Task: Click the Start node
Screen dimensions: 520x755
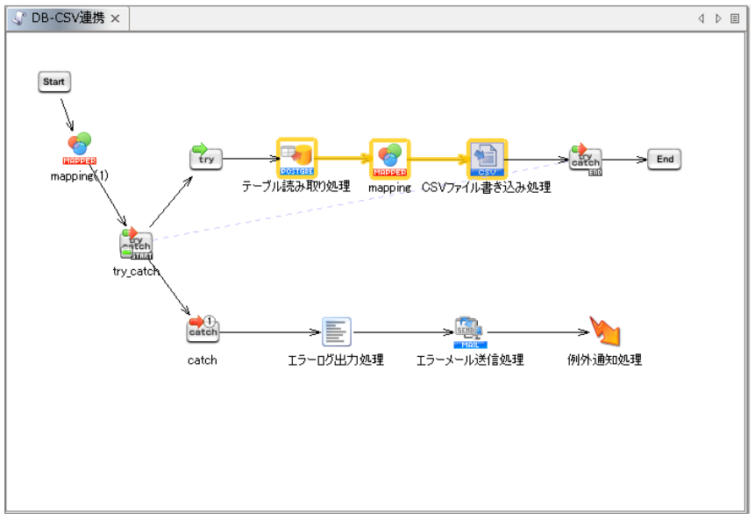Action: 53,82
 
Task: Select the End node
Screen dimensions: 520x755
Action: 664,159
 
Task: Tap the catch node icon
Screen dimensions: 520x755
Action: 203,330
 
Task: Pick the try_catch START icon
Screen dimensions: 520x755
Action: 135,245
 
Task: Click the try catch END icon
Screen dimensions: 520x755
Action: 585,159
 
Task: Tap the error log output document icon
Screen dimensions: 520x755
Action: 336,331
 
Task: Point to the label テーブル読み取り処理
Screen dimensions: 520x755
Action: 296,187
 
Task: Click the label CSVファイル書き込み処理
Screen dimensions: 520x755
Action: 486,187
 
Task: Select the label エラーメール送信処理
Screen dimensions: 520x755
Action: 469,360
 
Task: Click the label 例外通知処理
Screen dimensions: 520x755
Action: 604,360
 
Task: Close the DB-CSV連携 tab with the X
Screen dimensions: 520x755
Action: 115,18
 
